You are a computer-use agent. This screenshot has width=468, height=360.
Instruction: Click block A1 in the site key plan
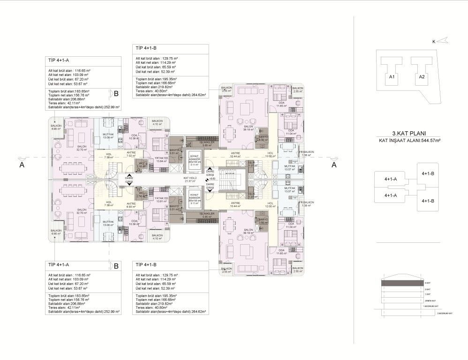(392, 77)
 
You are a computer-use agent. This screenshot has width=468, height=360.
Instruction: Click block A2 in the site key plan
(422, 77)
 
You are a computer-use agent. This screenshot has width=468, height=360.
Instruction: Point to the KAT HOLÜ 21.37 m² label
(189, 180)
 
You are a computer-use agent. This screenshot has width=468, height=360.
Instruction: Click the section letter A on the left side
(22, 165)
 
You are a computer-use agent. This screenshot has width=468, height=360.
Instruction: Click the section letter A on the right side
(333, 165)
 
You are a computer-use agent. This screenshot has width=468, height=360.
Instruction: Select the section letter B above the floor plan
(116, 93)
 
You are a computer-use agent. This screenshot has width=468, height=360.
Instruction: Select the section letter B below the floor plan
(116, 266)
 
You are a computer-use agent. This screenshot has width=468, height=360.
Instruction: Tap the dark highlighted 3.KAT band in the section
(401, 283)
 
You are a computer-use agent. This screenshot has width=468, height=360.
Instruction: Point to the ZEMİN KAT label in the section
(430, 300)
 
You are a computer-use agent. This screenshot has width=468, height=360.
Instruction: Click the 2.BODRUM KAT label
(444, 313)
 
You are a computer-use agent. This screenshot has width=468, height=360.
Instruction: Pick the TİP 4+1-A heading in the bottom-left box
(59, 265)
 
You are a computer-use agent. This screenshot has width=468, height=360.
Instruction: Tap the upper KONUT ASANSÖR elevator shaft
(194, 159)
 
